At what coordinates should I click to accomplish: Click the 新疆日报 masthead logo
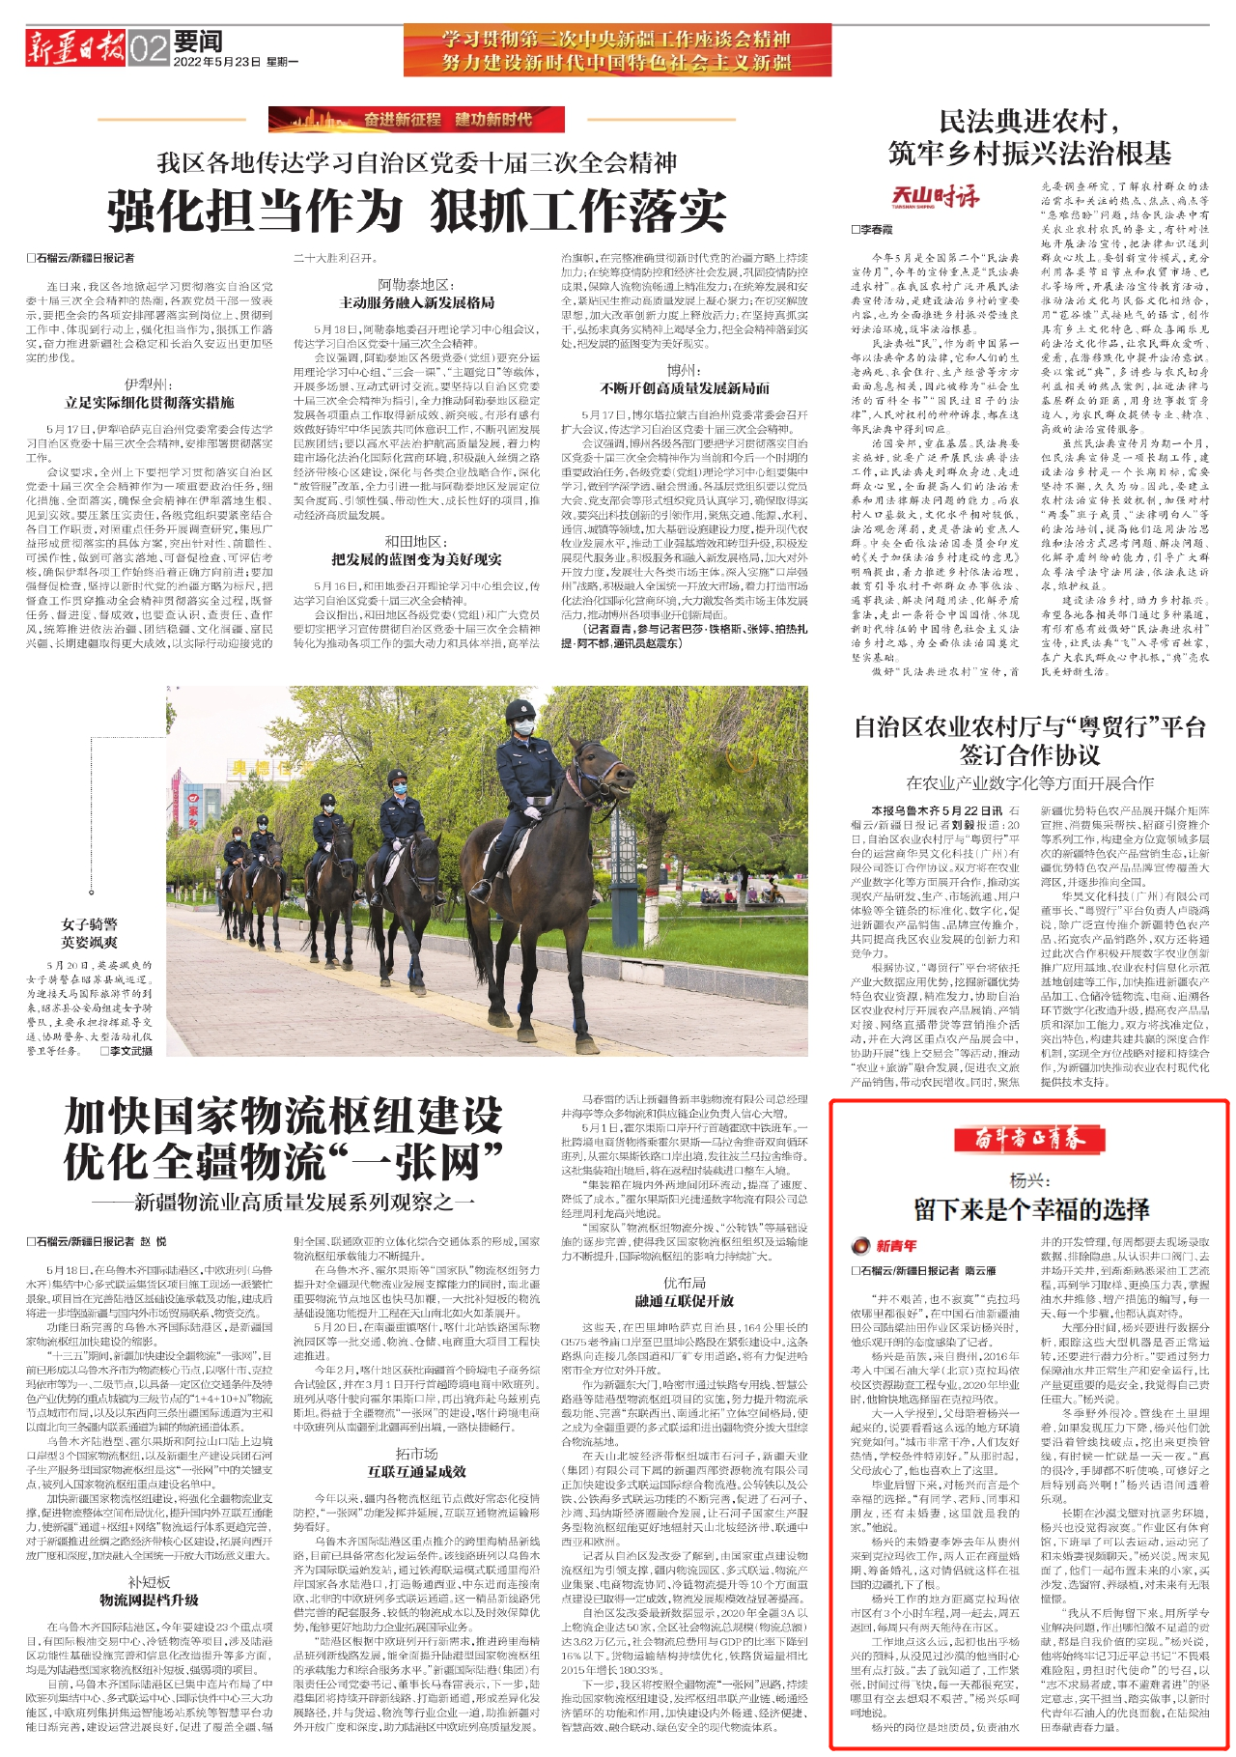(x=75, y=47)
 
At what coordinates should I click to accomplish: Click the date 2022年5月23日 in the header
(x=217, y=62)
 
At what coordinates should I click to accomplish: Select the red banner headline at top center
(x=617, y=50)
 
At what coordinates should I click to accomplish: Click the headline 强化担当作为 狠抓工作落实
(x=416, y=210)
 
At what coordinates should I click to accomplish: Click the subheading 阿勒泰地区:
(x=416, y=285)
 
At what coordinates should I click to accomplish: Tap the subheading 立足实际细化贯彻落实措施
(x=150, y=402)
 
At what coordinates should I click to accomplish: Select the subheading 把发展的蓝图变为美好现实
(x=416, y=559)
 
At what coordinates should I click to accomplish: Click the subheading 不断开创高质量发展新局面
(x=685, y=388)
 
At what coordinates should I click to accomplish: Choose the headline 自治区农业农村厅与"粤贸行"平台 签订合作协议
(x=1029, y=740)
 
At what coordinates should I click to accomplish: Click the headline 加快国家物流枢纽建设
(x=284, y=1118)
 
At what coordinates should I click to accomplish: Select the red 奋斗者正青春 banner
(x=1029, y=1139)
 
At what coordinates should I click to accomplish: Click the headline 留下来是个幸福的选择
(x=1031, y=1209)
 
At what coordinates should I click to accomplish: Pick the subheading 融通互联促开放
(x=685, y=1300)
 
